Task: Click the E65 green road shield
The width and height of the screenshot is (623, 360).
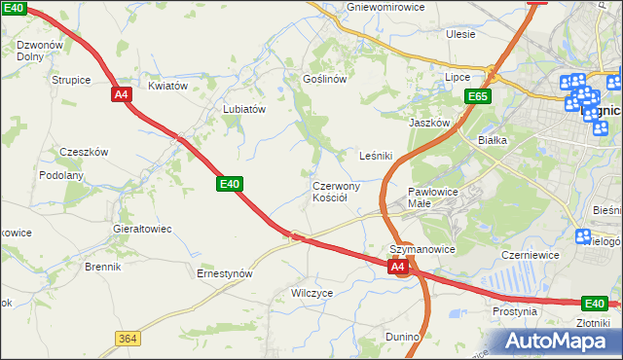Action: pyautogui.click(x=478, y=96)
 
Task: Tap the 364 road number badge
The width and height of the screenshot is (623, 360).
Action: pyautogui.click(x=127, y=338)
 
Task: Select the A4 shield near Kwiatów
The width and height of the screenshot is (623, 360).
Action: pyautogui.click(x=121, y=94)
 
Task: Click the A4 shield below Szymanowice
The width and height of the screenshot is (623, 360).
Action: pyautogui.click(x=397, y=266)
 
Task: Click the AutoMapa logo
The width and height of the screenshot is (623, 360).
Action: pyautogui.click(x=554, y=341)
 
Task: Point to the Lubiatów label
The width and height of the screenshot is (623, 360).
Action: pyautogui.click(x=244, y=110)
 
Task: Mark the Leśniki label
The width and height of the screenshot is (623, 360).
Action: pyautogui.click(x=376, y=155)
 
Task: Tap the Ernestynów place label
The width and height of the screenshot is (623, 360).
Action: pyautogui.click(x=225, y=274)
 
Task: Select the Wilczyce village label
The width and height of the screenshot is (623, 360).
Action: pyautogui.click(x=312, y=292)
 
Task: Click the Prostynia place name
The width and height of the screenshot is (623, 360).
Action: pyautogui.click(x=515, y=311)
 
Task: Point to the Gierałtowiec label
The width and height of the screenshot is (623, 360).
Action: pyautogui.click(x=142, y=229)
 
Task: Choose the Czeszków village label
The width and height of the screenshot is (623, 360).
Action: pyautogui.click(x=84, y=152)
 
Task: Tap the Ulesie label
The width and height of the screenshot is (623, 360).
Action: pyautogui.click(x=460, y=34)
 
